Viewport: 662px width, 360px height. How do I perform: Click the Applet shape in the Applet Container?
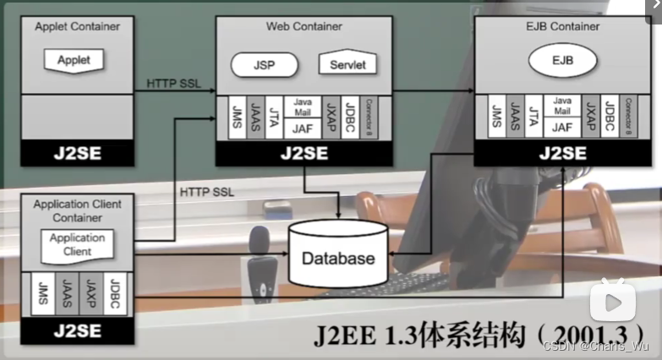point(74,60)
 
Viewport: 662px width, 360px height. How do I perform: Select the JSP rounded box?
point(264,65)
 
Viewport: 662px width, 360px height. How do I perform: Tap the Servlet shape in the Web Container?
point(347,64)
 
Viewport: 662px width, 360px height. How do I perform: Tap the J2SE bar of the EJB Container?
point(562,154)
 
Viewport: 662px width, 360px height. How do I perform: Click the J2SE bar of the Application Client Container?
point(77,330)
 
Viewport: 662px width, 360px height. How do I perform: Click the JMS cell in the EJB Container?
point(496,119)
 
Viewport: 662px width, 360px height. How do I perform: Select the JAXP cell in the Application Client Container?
point(90,295)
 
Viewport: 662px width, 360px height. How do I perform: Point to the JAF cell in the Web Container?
point(302,129)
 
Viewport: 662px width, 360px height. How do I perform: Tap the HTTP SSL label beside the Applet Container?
point(173,84)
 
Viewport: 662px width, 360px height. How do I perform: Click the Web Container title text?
point(304,26)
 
